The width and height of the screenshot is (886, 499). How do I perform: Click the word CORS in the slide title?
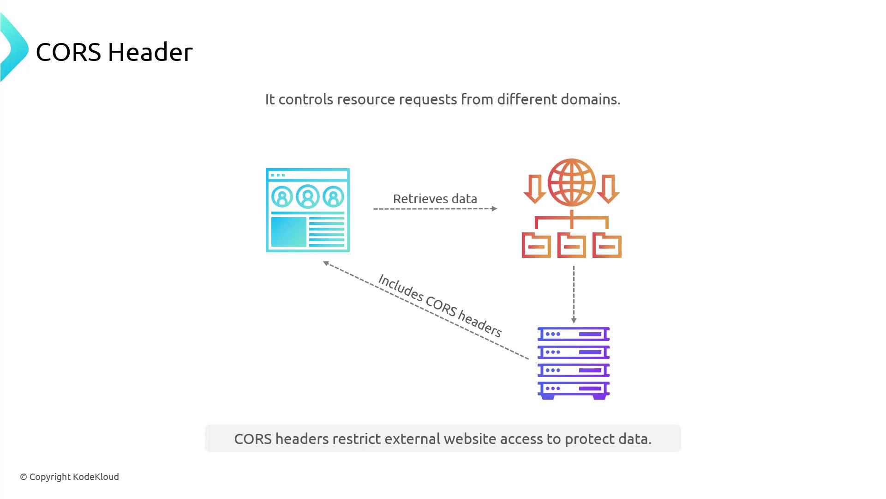coord(68,52)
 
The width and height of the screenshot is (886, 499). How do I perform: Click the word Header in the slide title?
coord(150,52)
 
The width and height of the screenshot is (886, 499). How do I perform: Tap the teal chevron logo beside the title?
coord(14,48)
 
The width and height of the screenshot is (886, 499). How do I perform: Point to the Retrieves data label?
coord(435,199)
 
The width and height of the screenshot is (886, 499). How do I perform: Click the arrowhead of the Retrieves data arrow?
coord(495,209)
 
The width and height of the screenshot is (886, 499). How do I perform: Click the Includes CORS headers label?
coord(440,305)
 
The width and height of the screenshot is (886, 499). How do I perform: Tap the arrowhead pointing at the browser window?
coord(326,263)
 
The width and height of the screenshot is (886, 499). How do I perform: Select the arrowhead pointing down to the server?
coord(574,320)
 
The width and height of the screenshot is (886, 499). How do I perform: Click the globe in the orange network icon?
coord(572,183)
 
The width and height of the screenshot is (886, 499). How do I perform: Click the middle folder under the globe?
coord(572,245)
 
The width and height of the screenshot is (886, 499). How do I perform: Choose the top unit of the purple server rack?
coord(574,334)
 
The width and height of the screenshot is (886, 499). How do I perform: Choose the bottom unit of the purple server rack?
coord(574,389)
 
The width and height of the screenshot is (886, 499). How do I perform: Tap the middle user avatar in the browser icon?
coord(308,197)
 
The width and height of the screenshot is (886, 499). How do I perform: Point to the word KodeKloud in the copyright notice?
coord(96,477)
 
